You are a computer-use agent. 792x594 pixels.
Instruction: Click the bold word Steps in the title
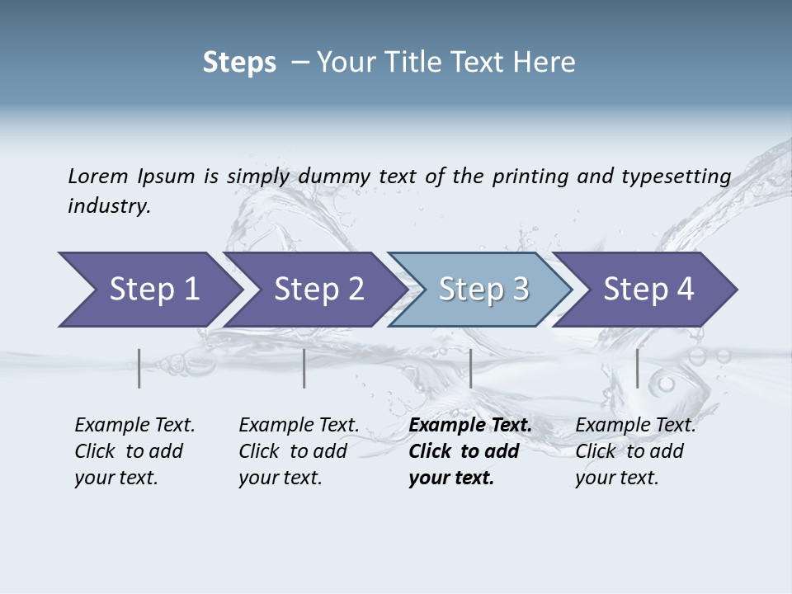pos(239,63)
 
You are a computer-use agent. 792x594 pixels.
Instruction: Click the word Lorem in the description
pos(97,176)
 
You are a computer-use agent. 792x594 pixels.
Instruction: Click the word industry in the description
pos(109,205)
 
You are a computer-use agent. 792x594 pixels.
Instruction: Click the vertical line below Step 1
pos(139,368)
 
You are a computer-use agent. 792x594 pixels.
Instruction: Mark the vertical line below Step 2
pos(304,368)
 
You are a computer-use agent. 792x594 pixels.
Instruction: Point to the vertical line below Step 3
pos(470,368)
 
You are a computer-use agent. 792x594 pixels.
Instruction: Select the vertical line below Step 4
pos(637,368)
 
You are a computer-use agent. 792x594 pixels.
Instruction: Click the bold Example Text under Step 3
pos(470,425)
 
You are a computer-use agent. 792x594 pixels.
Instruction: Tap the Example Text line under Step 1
pos(134,425)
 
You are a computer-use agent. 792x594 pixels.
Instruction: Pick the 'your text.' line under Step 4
pos(616,478)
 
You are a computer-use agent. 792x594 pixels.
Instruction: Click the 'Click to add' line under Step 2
pos(293,451)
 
